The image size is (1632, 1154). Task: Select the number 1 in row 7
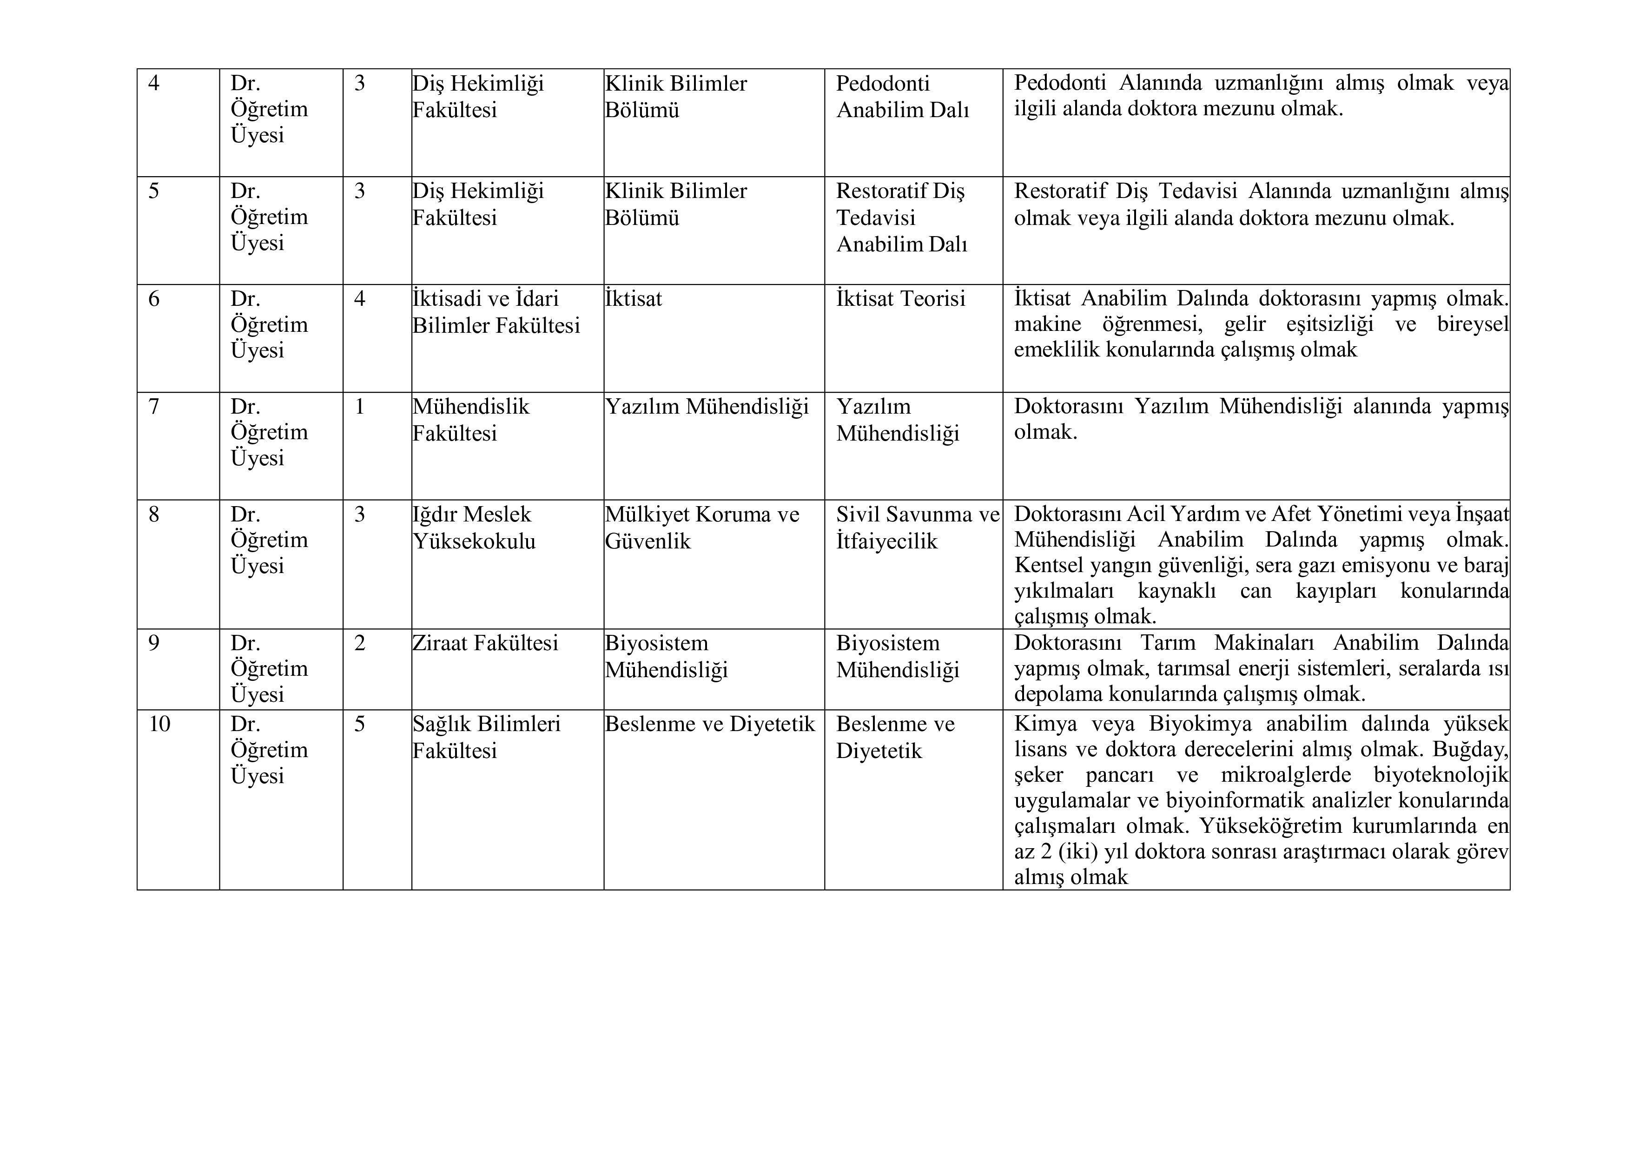click(360, 407)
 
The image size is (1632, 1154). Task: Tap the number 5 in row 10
click(360, 724)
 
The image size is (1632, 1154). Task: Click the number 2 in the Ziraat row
click(360, 643)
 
